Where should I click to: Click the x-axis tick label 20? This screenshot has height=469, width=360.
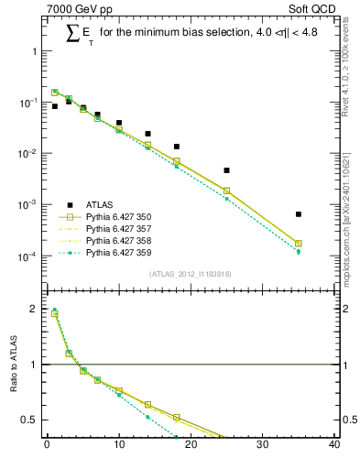pyautogui.click(x=191, y=446)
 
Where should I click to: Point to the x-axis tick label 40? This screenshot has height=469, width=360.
pyautogui.click(x=334, y=446)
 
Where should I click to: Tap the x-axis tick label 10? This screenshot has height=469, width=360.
pyautogui.click(x=118, y=446)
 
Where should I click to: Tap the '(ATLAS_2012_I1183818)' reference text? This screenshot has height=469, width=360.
pyautogui.click(x=191, y=273)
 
